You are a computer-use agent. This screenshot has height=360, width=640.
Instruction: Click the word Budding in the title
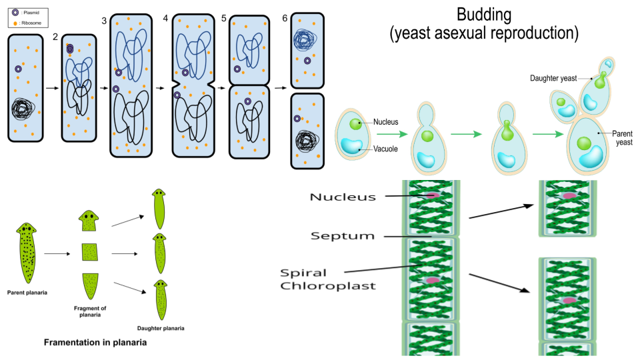click(x=484, y=14)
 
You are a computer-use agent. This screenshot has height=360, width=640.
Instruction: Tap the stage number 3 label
click(x=104, y=21)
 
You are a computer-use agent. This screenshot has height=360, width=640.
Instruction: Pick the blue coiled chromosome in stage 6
click(x=306, y=40)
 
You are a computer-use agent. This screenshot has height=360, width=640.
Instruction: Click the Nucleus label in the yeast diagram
click(x=386, y=122)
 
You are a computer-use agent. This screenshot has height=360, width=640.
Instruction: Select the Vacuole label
click(x=386, y=150)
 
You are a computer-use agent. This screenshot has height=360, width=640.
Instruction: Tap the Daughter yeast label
click(x=553, y=78)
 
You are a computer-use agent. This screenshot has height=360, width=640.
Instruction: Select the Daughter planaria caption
click(x=161, y=328)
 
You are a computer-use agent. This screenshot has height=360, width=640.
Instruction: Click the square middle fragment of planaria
click(x=91, y=253)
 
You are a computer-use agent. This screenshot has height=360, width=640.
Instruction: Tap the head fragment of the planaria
click(x=91, y=219)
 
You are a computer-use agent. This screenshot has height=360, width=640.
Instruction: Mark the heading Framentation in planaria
click(x=95, y=343)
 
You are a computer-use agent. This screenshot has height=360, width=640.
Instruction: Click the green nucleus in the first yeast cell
click(x=359, y=123)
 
